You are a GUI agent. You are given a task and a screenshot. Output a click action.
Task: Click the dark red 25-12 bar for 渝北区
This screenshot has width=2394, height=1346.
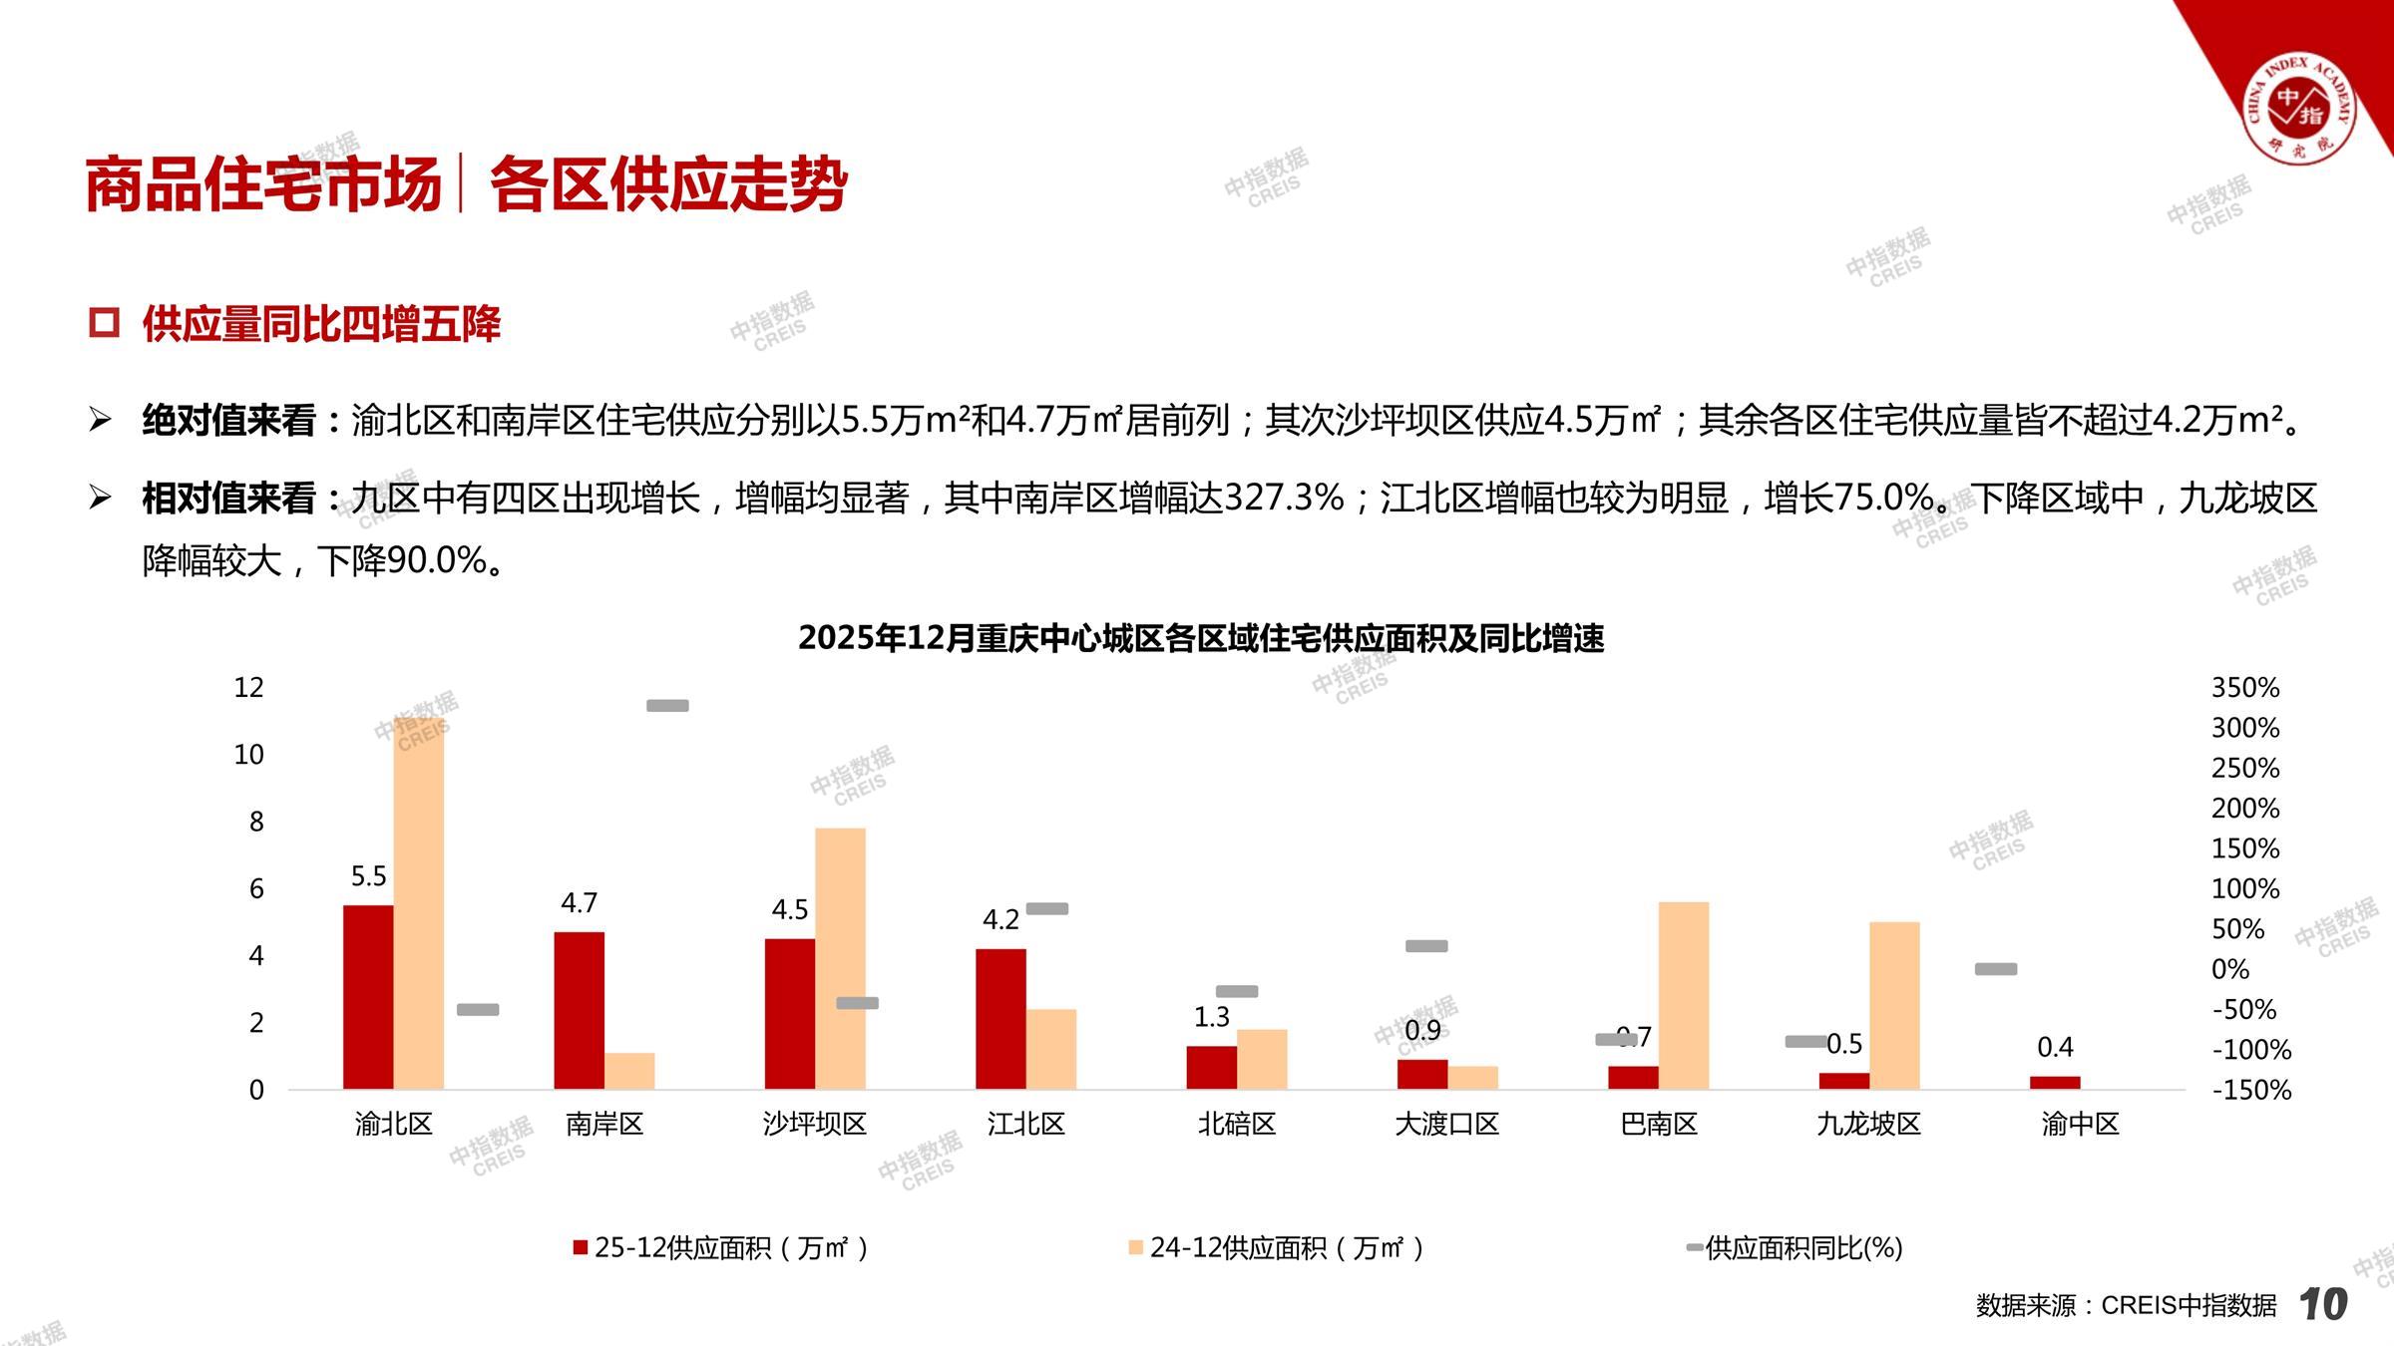pos(368,996)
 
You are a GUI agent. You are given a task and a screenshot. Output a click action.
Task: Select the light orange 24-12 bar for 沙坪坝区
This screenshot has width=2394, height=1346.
pos(840,957)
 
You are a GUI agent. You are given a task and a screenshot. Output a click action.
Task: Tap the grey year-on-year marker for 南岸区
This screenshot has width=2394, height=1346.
pos(667,706)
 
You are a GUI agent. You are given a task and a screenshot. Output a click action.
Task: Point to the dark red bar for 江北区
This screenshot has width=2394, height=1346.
pos(1000,1018)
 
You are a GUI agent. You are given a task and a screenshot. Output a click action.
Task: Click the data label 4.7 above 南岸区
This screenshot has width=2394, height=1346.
pos(579,903)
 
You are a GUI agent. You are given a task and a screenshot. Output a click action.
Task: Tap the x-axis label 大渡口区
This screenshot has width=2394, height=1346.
pos(1446,1125)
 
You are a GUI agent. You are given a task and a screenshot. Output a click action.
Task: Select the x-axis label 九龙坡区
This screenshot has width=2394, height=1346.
pos(1868,1125)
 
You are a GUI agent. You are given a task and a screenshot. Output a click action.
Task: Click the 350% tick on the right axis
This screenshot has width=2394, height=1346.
pos(2244,688)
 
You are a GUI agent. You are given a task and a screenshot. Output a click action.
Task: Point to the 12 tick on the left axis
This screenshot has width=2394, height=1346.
pos(248,688)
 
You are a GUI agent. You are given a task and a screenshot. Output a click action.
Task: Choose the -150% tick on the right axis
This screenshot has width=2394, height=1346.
pos(2251,1090)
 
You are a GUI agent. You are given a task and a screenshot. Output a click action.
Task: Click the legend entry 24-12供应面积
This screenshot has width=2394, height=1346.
pos(1286,1248)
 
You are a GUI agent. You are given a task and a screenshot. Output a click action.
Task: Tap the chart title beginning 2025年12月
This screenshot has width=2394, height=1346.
pos(1201,638)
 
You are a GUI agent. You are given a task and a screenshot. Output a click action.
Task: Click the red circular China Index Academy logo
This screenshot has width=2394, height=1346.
pos(2300,109)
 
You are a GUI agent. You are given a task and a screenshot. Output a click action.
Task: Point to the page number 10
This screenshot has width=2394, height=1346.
pos(2322,1304)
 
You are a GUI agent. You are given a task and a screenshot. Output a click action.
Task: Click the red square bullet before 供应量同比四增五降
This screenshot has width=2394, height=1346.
pos(104,323)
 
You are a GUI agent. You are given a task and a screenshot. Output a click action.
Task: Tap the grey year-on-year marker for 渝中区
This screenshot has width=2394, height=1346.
pos(1996,969)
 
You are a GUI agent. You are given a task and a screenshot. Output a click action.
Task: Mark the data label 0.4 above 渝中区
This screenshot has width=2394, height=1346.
pos(2055,1047)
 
